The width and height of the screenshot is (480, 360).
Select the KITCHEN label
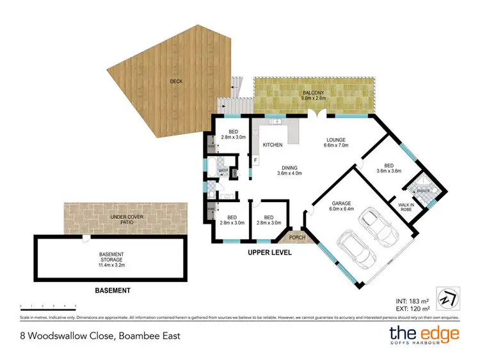273,145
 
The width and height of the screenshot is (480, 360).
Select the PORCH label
297,239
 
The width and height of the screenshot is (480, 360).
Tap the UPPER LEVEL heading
269,253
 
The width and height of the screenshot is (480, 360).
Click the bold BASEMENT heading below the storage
113,290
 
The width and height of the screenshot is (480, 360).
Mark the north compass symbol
447,299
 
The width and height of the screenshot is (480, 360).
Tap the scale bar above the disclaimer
49,306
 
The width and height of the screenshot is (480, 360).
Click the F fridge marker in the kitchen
256,159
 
